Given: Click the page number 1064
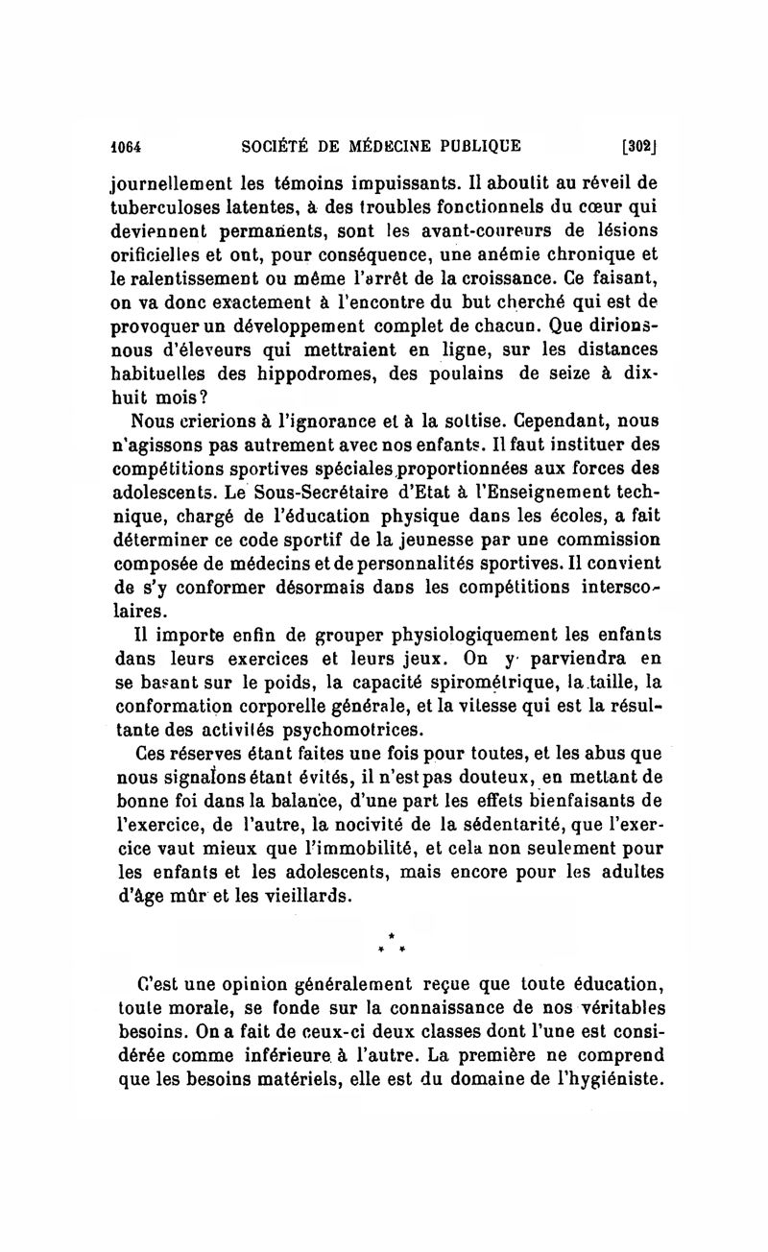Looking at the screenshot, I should [125, 147].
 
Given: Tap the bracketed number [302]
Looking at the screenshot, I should [638, 147].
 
